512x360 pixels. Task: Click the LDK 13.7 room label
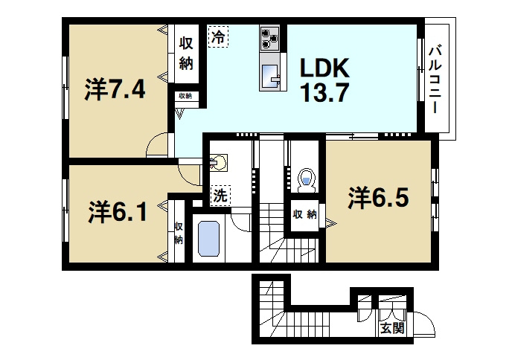(325, 80)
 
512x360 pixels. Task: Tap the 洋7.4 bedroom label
(115, 89)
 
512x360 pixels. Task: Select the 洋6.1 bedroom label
(118, 211)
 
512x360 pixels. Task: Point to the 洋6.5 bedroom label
(378, 198)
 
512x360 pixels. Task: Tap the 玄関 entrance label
(393, 328)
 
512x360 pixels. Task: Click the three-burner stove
(269, 38)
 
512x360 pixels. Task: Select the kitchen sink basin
(269, 76)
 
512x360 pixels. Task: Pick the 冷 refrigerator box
(218, 36)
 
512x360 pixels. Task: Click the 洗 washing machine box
(220, 196)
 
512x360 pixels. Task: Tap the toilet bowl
(307, 181)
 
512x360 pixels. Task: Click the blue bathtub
(208, 239)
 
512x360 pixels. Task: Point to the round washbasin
(219, 163)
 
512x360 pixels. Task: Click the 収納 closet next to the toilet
(304, 215)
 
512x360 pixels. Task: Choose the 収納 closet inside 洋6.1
(179, 232)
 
